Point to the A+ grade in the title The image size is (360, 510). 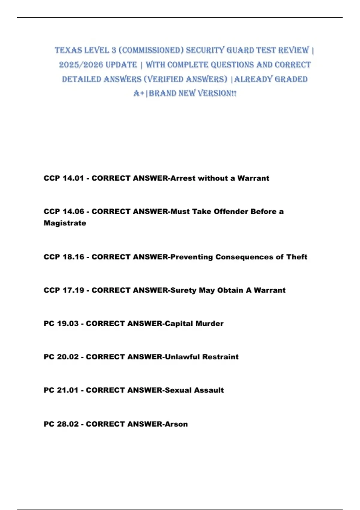pos(139,93)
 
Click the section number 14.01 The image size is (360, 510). pos(73,178)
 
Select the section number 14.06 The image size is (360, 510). pos(73,211)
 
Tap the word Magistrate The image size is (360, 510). pos(65,223)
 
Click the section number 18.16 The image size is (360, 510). pos(73,257)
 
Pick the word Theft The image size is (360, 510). pos(296,257)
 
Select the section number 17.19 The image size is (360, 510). pos(73,290)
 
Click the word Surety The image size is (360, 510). pos(183,290)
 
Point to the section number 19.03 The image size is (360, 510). pos(67,324)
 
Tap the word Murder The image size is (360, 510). pos(209,324)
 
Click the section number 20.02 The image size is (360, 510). pos(67,357)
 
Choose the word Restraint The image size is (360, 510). pos(220,357)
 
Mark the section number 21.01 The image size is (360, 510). pos(67,390)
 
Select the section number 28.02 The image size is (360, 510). pos(67,424)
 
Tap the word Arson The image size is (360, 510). pos(176,424)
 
